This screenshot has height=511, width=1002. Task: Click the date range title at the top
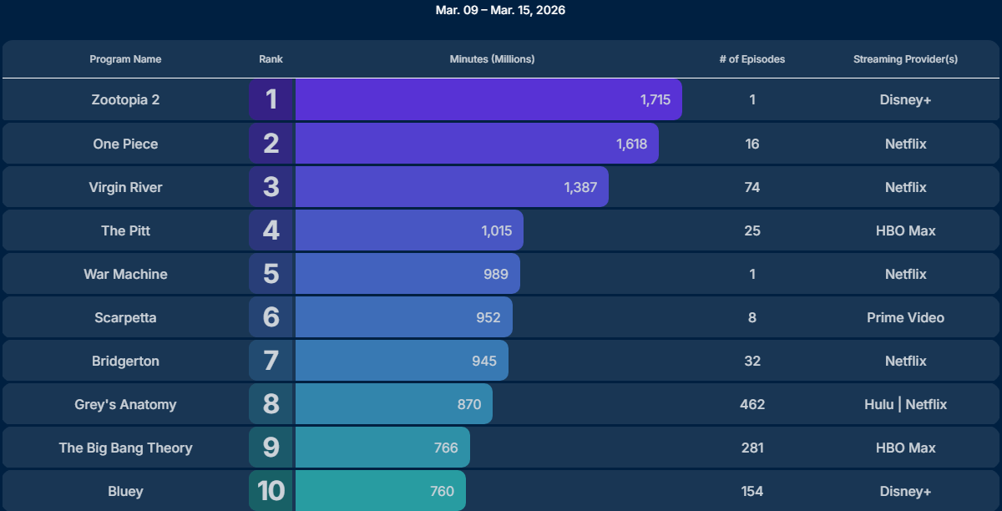coord(501,11)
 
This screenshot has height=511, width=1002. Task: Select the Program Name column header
coord(125,59)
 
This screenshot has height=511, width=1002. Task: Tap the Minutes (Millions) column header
coord(492,59)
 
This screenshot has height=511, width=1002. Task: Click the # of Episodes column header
coord(751,59)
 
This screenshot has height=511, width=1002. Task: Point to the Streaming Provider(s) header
coord(905,59)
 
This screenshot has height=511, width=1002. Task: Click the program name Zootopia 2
coord(125,100)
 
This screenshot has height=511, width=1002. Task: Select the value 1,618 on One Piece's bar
coord(631,144)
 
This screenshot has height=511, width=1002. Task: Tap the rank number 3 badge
coord(271,187)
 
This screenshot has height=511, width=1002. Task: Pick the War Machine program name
coord(125,274)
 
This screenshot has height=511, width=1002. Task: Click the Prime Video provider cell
coord(905,317)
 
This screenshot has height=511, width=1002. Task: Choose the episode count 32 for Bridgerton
coord(751,361)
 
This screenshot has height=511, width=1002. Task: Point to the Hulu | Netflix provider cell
coord(905,404)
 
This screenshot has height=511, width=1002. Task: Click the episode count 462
coord(751,404)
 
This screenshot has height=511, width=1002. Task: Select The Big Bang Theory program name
coord(125,448)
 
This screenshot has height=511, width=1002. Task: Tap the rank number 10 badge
coord(271,491)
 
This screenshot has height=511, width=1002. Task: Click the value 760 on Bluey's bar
coord(442,491)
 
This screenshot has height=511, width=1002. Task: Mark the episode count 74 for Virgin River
coord(751,187)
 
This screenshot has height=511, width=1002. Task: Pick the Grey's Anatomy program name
coord(125,404)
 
